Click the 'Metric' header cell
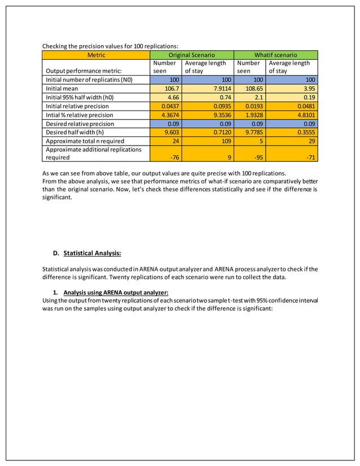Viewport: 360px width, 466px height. click(96, 55)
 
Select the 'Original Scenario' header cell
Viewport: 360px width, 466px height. click(192, 55)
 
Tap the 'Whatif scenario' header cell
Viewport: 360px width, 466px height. click(275, 55)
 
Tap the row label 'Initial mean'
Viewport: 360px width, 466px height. click(62, 89)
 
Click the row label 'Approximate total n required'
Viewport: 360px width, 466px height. click(85, 140)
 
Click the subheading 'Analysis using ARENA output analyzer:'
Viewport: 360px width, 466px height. click(116, 292)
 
